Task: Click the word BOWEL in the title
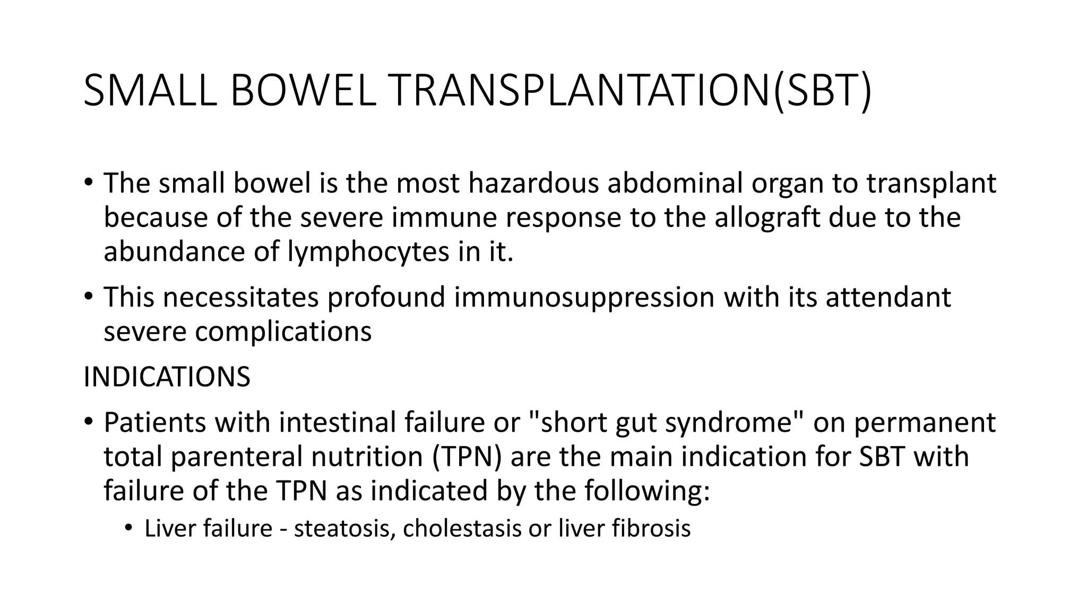[x=303, y=91]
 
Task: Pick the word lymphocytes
[x=368, y=252]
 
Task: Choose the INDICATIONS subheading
[x=167, y=377]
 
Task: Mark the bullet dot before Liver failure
[x=128, y=528]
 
